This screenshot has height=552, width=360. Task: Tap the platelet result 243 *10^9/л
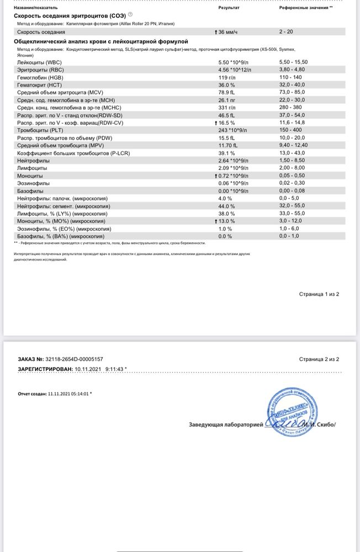(235, 130)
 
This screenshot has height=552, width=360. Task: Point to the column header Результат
(229, 9)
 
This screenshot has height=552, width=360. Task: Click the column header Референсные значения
(305, 9)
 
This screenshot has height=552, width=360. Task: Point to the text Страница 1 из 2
(319, 294)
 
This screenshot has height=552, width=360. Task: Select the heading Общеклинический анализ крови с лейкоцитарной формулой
(100, 41)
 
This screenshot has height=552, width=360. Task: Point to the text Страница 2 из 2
(319, 359)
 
